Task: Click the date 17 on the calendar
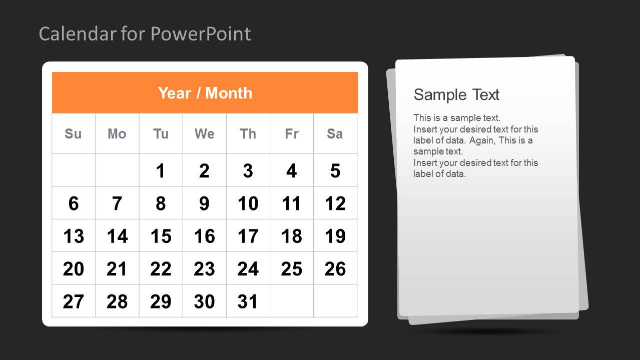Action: click(x=248, y=236)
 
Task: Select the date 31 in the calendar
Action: click(x=248, y=301)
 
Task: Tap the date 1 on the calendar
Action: click(x=161, y=171)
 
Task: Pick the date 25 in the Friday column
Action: click(x=291, y=269)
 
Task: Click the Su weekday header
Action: click(x=73, y=134)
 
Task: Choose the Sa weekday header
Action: click(x=335, y=134)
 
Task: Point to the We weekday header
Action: click(x=204, y=134)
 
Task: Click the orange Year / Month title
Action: click(x=205, y=93)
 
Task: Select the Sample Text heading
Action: click(x=456, y=94)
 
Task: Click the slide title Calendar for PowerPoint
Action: click(x=145, y=34)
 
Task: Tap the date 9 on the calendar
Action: click(x=204, y=203)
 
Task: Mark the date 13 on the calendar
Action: click(x=74, y=236)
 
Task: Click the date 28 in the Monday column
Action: click(x=117, y=301)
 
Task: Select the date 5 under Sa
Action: click(x=335, y=171)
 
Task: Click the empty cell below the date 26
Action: click(x=335, y=301)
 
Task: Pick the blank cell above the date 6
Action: click(x=74, y=170)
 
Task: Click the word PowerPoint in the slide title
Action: click(x=201, y=34)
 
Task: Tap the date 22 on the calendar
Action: click(x=161, y=269)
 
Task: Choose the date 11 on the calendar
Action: click(x=291, y=203)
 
